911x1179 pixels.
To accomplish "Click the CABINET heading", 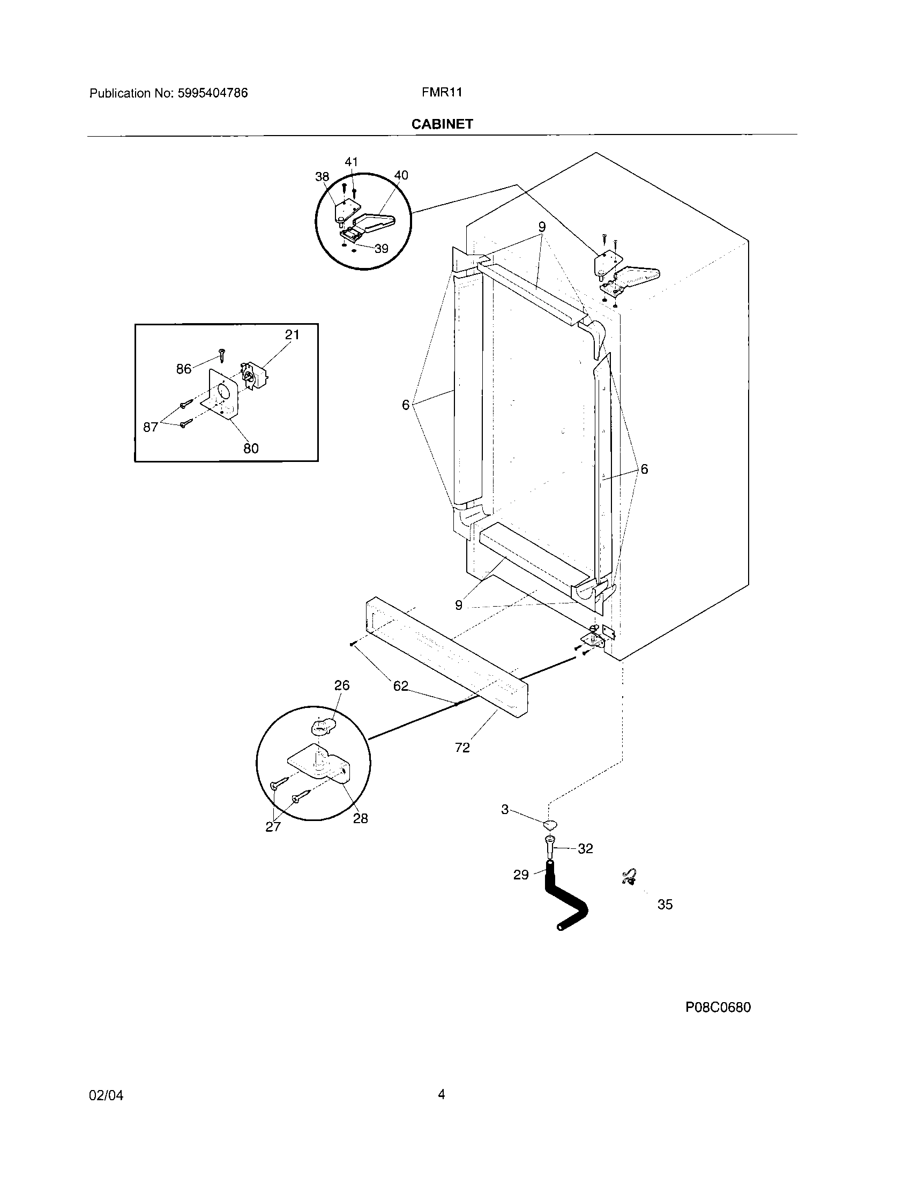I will click(x=442, y=124).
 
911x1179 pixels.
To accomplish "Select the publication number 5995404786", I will click(x=212, y=93).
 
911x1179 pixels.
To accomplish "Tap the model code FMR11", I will click(x=442, y=92).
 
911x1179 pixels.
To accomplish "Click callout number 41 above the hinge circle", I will click(x=352, y=162).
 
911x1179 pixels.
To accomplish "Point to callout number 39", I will click(x=381, y=249).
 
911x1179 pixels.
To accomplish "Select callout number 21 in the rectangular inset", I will click(x=292, y=335).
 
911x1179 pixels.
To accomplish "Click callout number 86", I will click(x=183, y=369).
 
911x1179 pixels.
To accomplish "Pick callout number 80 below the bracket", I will click(x=251, y=449).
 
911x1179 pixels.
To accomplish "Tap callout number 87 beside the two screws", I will click(x=151, y=428).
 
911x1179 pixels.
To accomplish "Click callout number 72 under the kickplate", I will click(x=462, y=748).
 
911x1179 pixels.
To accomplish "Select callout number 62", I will click(x=400, y=686).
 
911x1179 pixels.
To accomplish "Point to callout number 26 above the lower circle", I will click(x=342, y=685).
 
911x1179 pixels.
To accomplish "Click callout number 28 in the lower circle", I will click(x=361, y=819).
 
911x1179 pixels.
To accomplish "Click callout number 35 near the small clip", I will click(x=665, y=904).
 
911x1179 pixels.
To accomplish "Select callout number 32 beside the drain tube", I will click(x=585, y=849).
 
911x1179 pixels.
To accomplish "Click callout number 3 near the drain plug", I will click(x=505, y=809).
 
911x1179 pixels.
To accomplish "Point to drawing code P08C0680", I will click(x=718, y=1008).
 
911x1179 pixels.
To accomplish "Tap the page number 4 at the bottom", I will click(x=442, y=1094).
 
